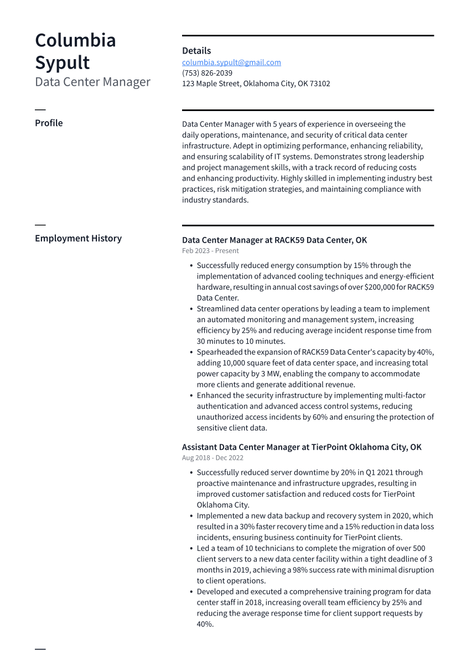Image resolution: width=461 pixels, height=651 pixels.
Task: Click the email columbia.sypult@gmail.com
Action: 231,62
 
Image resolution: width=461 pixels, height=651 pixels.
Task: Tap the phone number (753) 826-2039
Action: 207,73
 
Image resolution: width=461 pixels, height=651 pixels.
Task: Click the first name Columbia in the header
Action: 75,40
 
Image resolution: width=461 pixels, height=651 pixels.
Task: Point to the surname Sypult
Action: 62,62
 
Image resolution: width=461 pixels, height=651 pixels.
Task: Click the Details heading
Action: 196,51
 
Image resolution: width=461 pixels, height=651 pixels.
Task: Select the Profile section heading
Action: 49,123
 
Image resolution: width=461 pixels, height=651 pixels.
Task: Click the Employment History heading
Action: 78,239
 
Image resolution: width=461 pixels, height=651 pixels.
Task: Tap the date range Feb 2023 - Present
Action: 210,251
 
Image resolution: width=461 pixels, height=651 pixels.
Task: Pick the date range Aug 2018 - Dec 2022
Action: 213,458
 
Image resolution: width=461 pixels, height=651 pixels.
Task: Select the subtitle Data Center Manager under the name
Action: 92,82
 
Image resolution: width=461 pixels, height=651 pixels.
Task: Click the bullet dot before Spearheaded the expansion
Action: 191,353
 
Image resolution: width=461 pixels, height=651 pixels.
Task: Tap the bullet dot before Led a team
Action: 191,549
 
